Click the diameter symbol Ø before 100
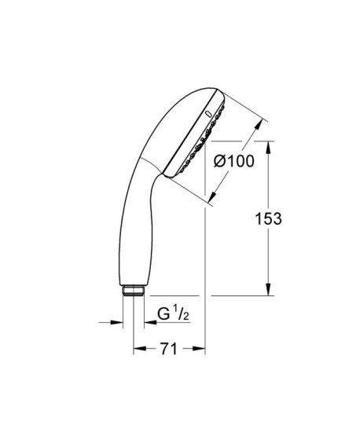(221, 162)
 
